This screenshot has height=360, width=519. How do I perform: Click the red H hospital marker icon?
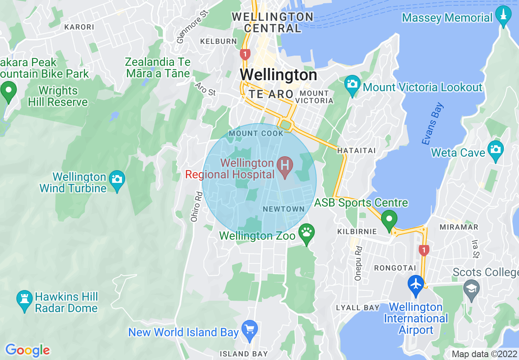285,166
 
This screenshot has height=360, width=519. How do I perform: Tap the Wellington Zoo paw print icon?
307,233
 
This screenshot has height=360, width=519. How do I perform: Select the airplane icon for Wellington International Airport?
416,283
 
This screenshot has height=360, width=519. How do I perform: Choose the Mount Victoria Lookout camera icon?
352,84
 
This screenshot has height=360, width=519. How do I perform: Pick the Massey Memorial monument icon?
503,15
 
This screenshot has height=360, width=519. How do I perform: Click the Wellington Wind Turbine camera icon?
117,180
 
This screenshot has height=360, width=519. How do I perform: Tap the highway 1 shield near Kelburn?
245,54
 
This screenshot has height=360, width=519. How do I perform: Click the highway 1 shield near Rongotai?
424,250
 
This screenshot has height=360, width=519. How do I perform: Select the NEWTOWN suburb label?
284,209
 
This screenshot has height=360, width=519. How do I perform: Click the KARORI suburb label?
79,27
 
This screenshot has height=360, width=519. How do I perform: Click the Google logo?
27,350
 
